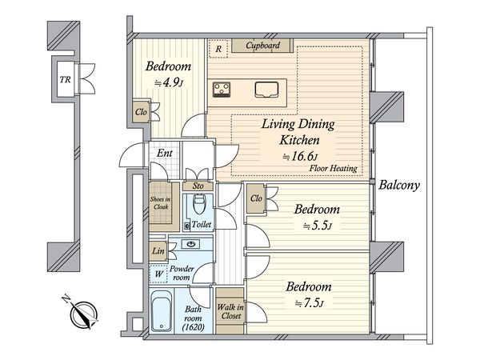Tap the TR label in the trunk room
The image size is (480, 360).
point(66,79)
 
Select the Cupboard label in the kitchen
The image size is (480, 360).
point(263,46)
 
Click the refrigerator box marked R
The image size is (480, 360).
point(218,49)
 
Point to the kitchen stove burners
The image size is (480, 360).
point(222,90)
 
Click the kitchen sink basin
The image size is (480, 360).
point(266,90)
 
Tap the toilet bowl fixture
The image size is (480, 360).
point(199,204)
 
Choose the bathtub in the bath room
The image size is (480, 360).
point(161,310)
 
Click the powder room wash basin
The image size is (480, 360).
point(191,244)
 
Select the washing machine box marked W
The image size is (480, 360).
point(158,274)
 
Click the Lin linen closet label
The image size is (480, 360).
point(158,251)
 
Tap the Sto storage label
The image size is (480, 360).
point(198,186)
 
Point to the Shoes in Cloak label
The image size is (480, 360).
point(161,203)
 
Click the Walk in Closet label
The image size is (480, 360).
point(230,311)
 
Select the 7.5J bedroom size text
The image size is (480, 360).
point(309,303)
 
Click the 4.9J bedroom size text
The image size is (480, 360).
point(169,82)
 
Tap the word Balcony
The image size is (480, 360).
point(399,185)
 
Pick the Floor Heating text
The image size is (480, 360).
point(333,168)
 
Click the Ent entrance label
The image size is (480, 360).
point(164,153)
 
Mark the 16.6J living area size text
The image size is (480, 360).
point(300,157)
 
